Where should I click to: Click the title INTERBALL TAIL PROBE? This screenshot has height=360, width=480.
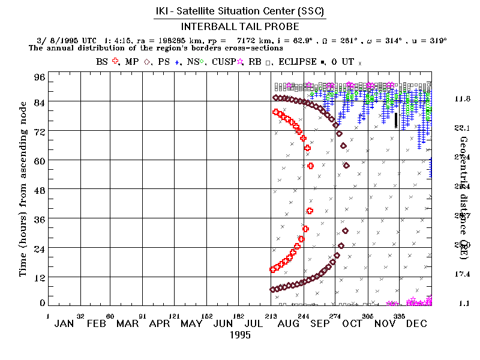point(240,27)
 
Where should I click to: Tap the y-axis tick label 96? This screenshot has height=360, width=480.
point(39,77)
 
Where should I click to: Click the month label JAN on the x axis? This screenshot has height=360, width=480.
point(64,324)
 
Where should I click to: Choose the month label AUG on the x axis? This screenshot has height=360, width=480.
point(287,324)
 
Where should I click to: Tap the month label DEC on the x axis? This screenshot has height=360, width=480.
point(416,324)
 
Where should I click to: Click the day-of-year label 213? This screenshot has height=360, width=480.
point(271,315)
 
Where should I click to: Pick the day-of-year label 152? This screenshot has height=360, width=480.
point(206,315)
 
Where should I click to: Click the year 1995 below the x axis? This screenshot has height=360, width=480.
point(240,335)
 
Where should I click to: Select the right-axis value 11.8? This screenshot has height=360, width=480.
point(463,98)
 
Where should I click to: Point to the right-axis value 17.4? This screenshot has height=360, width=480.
point(463,274)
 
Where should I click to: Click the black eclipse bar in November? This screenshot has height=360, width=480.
point(395,120)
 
